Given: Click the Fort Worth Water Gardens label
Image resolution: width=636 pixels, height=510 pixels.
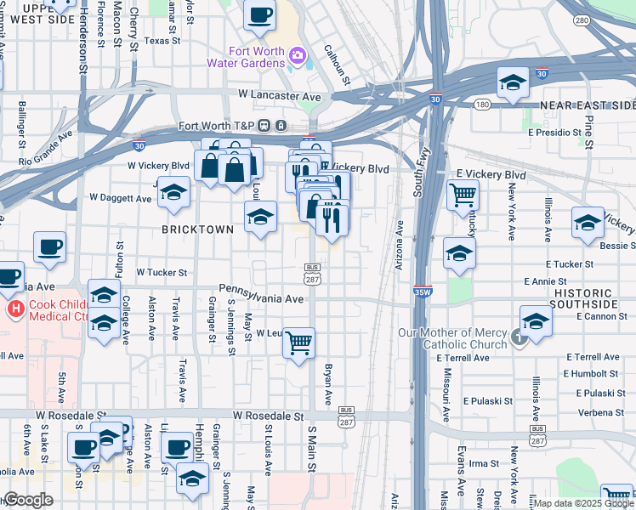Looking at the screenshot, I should click(x=246, y=57).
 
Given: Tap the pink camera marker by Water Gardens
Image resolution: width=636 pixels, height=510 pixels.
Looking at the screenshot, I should click(x=298, y=57).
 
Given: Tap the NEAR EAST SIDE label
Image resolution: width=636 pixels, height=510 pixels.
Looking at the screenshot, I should click(x=588, y=105).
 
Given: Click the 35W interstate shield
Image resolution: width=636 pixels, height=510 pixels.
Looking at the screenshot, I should click(x=422, y=291).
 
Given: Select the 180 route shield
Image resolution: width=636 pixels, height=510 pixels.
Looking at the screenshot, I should click(x=482, y=105).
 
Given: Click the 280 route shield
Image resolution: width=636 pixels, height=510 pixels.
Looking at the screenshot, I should click(x=582, y=20).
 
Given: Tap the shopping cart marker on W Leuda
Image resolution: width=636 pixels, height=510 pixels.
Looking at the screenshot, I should click(x=298, y=343).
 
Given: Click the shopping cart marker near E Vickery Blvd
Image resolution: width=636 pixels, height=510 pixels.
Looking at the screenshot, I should click(x=463, y=195).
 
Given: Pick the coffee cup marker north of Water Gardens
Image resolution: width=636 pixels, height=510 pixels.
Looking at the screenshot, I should click(x=260, y=14).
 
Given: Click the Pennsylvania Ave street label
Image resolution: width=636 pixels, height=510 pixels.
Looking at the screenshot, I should click(x=260, y=299).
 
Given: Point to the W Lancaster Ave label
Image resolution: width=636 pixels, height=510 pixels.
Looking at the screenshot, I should click(x=280, y=96).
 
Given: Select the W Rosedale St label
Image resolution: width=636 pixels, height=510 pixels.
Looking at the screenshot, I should click(x=269, y=416).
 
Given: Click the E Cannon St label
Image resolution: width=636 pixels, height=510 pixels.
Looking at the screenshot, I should click(x=601, y=316).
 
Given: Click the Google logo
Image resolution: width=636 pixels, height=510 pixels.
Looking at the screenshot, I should click(x=28, y=500).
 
